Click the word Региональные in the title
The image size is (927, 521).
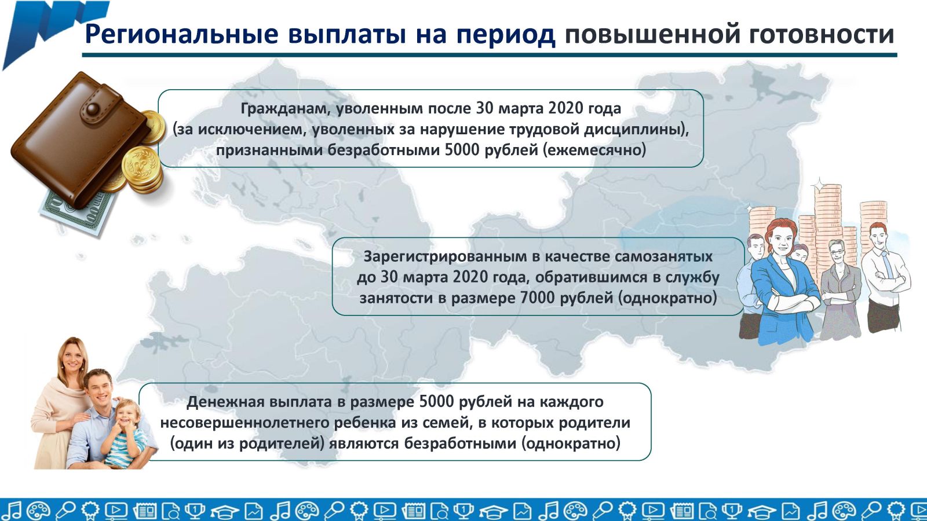tap(182, 34)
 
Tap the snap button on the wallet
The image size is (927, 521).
tap(93, 109)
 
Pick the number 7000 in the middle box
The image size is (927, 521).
tap(537, 298)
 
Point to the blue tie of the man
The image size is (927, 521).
tap(886, 265)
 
